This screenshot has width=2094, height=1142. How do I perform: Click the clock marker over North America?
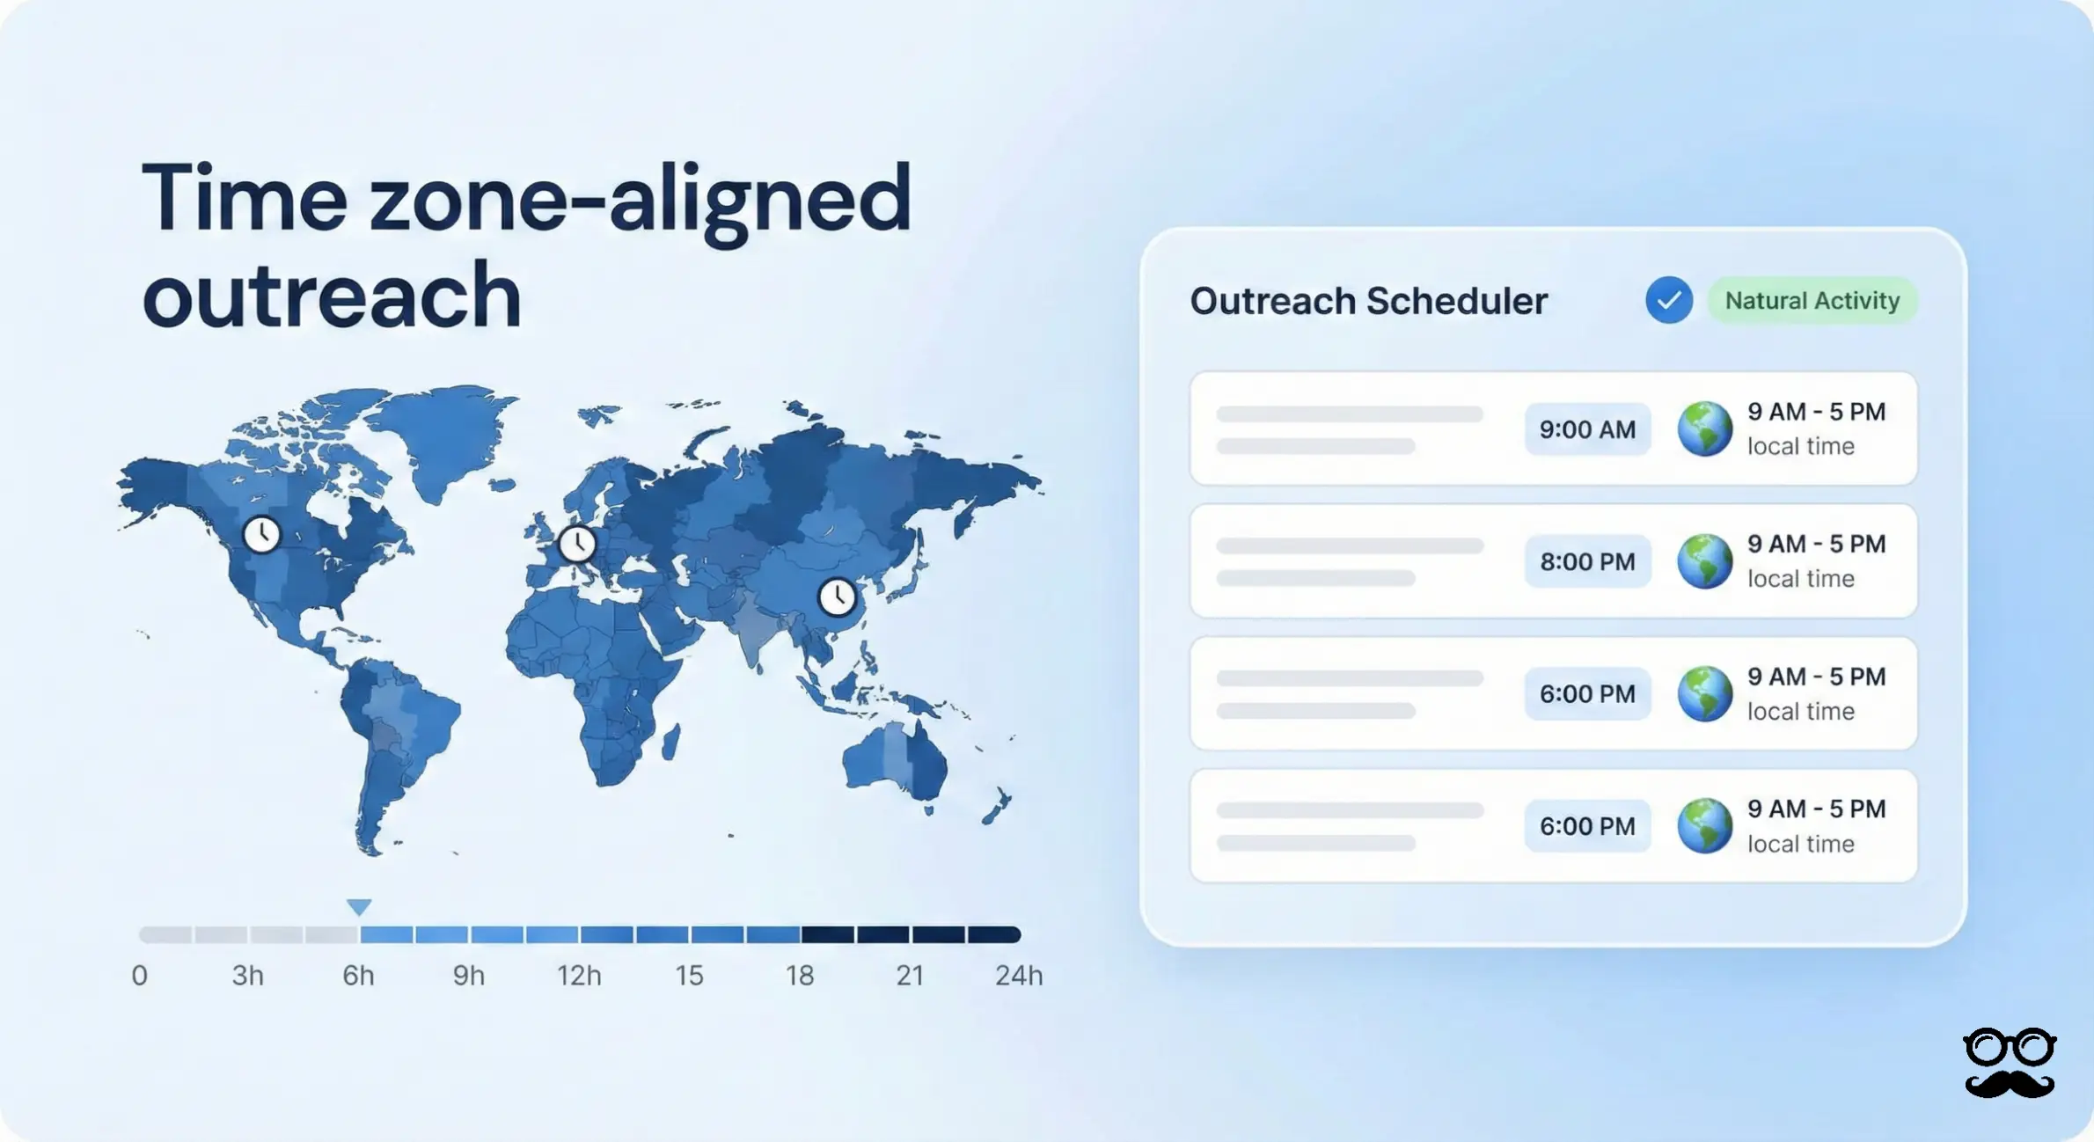tap(261, 534)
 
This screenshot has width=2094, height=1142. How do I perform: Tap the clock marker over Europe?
tap(577, 543)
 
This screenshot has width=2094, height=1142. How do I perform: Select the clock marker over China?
tap(837, 597)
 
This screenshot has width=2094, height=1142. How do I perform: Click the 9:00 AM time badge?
tap(1587, 429)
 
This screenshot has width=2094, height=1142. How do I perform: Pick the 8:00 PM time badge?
tap(1587, 561)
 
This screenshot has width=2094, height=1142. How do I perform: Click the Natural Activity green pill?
tap(1812, 301)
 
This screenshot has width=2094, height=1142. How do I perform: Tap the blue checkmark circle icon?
tap(1668, 301)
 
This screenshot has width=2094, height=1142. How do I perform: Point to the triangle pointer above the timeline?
tap(359, 906)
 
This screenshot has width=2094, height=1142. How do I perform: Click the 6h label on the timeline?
tap(358, 975)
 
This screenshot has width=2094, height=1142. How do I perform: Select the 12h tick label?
tap(579, 975)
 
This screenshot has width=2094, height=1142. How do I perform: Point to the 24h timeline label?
tap(1018, 975)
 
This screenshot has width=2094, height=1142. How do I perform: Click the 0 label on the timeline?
tap(139, 975)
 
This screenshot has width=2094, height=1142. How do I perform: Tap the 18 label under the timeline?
tap(799, 975)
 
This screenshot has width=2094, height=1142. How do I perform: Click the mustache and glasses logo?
tap(2009, 1063)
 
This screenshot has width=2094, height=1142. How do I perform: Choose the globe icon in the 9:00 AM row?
tap(1704, 429)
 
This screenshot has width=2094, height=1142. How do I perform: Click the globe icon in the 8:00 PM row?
tap(1704, 561)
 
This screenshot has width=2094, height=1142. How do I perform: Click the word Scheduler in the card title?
tap(1457, 301)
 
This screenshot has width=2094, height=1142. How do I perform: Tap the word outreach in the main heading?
tap(332, 296)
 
